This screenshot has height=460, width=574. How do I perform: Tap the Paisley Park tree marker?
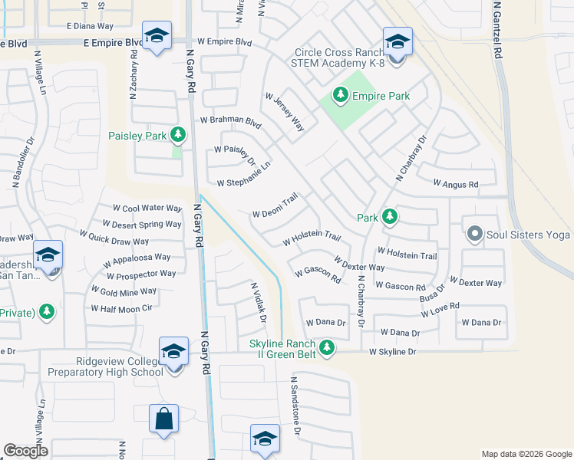tap(178, 136)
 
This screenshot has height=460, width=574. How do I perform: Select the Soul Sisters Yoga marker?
tap(474, 234)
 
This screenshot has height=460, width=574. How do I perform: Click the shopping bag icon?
tap(164, 419)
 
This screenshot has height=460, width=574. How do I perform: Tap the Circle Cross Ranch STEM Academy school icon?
tap(398, 41)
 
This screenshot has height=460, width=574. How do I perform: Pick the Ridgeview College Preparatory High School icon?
tap(174, 352)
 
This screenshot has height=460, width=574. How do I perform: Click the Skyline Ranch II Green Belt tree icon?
tap(328, 347)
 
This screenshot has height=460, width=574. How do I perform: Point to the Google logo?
tap(26, 451)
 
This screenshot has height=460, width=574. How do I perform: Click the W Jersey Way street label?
tap(285, 113)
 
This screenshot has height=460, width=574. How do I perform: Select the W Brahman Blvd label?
tap(231, 120)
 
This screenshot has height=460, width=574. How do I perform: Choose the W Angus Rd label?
tap(455, 184)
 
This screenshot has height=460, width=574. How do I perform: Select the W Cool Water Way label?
tap(147, 208)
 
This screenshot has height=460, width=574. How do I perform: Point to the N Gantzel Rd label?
tap(497, 29)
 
